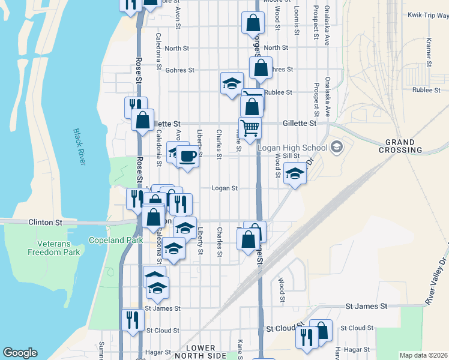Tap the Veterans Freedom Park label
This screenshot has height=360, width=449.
click(x=53, y=248)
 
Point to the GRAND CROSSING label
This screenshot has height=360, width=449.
click(x=400, y=146)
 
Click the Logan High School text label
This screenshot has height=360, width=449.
click(x=292, y=148)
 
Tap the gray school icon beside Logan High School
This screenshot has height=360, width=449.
click(x=337, y=147)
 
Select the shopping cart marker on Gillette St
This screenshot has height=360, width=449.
click(x=250, y=127)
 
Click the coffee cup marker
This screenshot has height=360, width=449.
click(x=187, y=156)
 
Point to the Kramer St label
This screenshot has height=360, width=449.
click(x=429, y=52)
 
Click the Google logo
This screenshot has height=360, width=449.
click(x=20, y=353)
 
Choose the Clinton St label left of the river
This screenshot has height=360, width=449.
click(x=45, y=222)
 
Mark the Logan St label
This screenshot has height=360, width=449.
click(x=224, y=188)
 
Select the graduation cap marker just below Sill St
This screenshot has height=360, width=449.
click(x=294, y=173)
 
